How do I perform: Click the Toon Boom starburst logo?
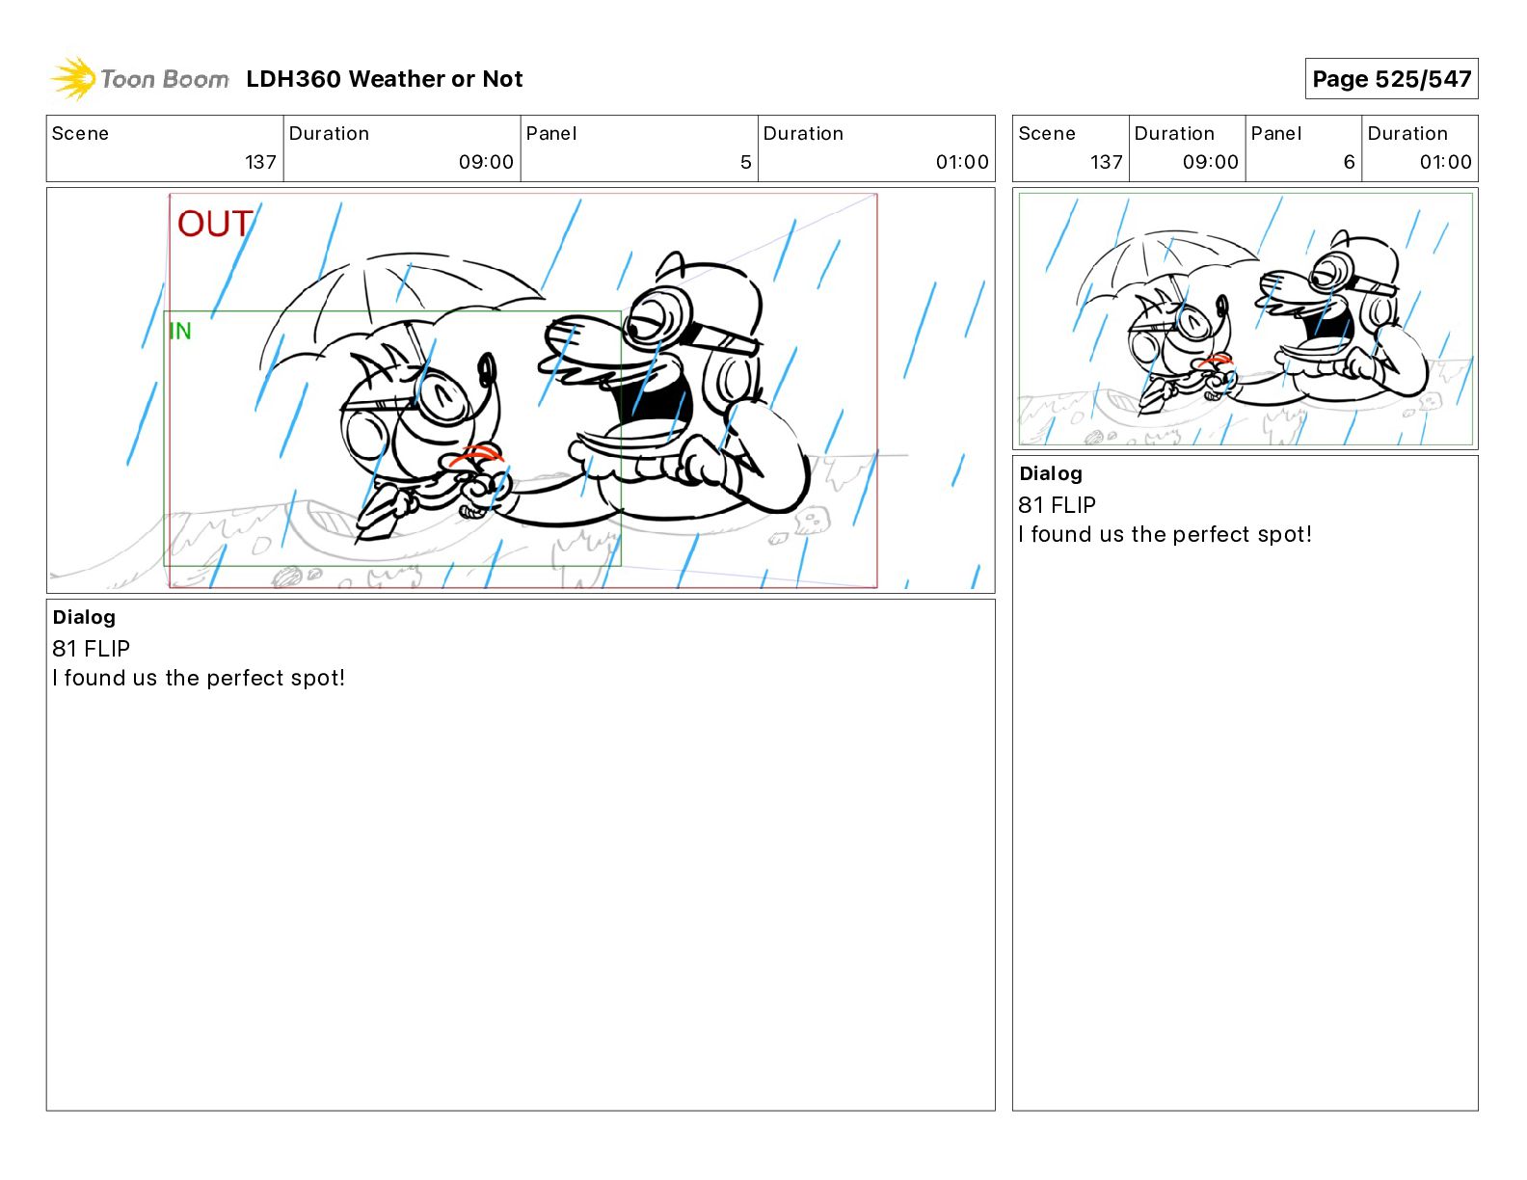click(73, 78)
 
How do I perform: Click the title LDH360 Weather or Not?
click(385, 79)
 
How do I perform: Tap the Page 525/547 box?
click(1391, 79)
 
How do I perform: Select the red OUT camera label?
click(214, 225)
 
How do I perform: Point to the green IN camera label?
click(180, 331)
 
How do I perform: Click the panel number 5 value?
click(745, 162)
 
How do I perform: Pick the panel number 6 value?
click(1349, 162)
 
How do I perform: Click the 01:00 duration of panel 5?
click(961, 162)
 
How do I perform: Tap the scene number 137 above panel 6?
click(1106, 162)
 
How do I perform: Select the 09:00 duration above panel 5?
click(486, 162)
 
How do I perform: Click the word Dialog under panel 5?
click(84, 617)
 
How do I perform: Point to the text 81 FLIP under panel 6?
click(1057, 504)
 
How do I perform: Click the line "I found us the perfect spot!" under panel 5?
click(199, 678)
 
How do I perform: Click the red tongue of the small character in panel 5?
click(476, 455)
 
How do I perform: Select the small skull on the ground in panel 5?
click(812, 521)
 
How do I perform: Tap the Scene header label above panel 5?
click(80, 134)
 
